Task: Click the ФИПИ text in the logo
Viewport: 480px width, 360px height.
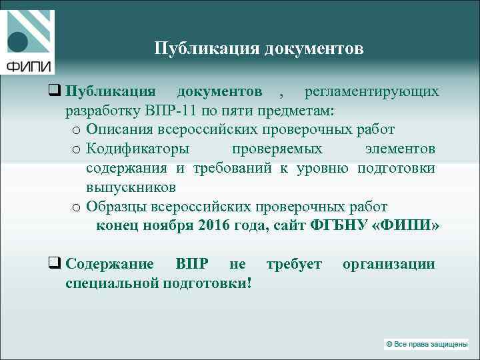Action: click(28, 65)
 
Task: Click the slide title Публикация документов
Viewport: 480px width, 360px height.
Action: click(259, 49)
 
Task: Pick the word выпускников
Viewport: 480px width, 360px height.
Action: click(131, 187)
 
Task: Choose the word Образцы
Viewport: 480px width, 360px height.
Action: click(117, 206)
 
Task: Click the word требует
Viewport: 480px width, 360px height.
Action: click(294, 263)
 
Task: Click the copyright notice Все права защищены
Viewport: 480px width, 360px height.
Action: click(426, 344)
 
